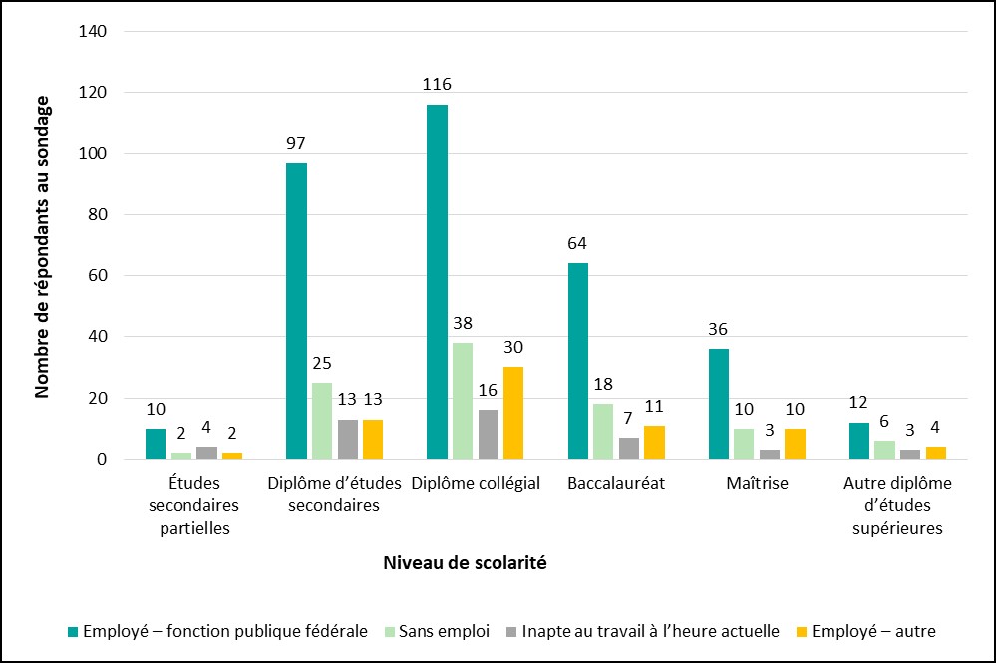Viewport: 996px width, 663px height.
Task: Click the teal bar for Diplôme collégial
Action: click(437, 282)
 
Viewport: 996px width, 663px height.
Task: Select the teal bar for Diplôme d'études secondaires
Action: click(296, 311)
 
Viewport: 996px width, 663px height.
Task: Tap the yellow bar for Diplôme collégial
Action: click(513, 414)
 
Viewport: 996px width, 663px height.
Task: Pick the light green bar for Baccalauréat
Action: click(603, 432)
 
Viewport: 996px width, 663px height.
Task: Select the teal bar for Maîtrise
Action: click(718, 405)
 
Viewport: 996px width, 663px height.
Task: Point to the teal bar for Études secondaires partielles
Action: click(156, 444)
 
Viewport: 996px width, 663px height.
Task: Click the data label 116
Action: click(436, 85)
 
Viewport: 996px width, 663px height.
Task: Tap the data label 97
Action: click(296, 143)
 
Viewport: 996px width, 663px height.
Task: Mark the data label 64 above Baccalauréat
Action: click(577, 243)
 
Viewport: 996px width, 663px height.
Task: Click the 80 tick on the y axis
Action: click(98, 215)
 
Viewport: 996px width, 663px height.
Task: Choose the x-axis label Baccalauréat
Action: click(615, 483)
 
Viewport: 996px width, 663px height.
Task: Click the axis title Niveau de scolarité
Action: click(465, 563)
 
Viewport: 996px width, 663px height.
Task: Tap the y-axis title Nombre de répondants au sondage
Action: click(42, 246)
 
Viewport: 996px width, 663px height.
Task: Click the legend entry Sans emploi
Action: click(444, 631)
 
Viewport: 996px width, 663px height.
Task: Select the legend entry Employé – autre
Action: click(873, 631)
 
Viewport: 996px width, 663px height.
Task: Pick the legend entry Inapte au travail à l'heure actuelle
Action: click(650, 631)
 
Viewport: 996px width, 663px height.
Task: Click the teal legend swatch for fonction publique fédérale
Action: click(72, 632)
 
